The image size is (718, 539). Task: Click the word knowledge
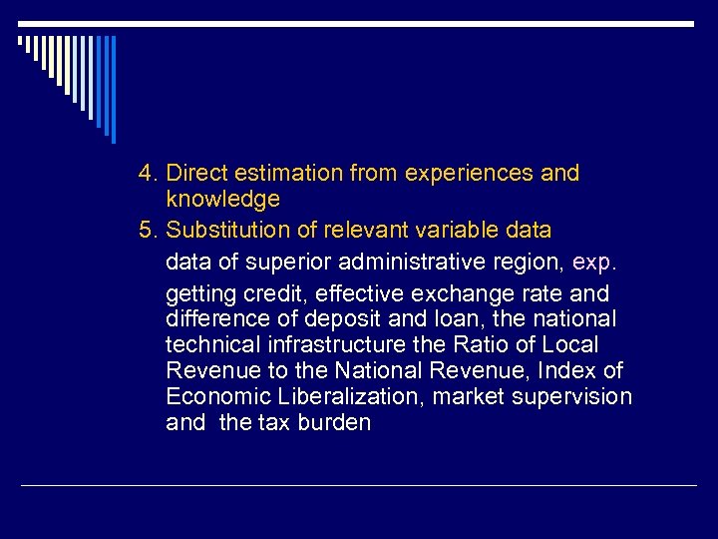coord(223,200)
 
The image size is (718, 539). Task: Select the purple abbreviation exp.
coord(595,264)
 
